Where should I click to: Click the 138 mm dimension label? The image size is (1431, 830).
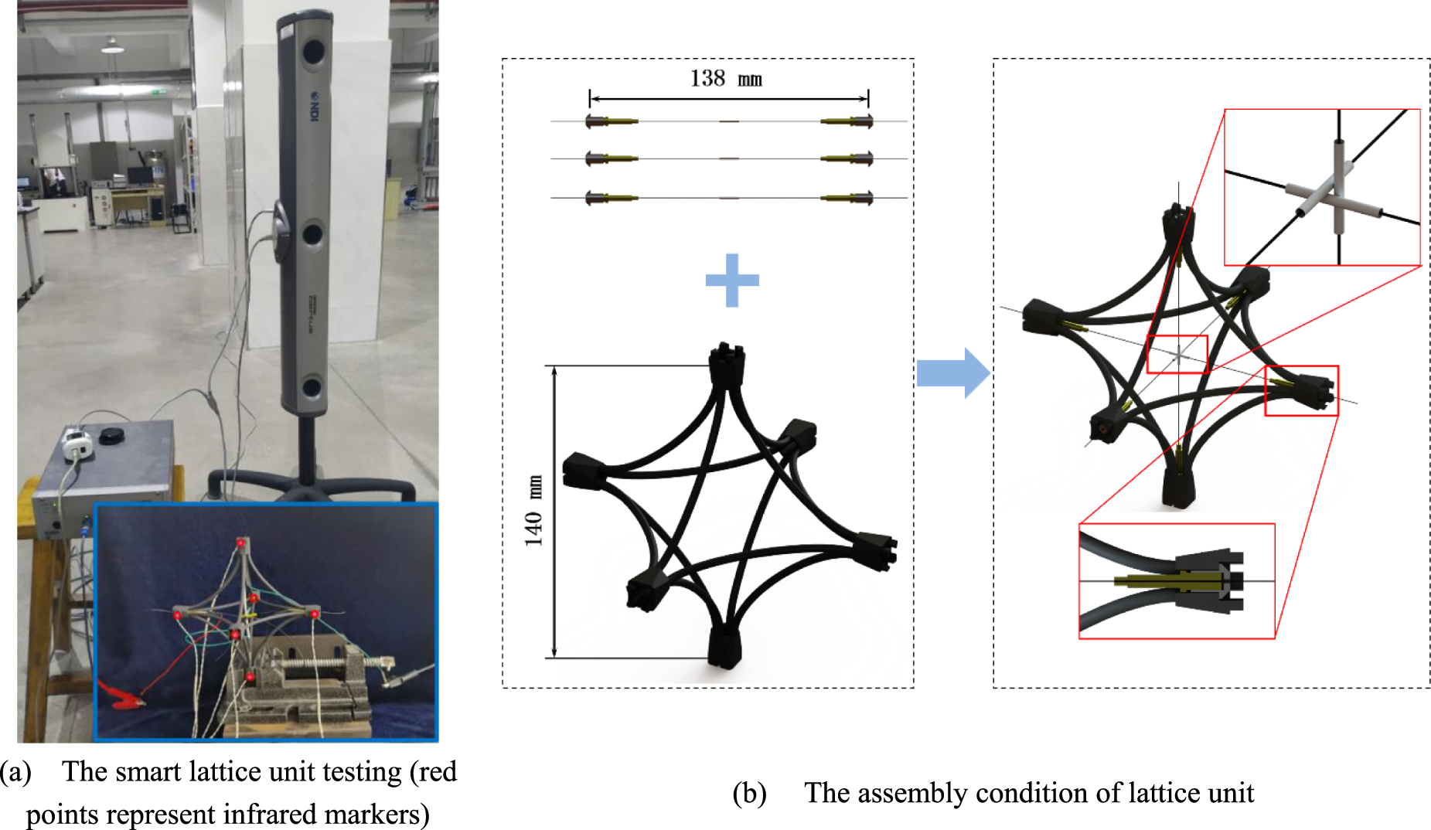pos(726,78)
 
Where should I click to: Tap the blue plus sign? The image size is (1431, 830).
pos(732,280)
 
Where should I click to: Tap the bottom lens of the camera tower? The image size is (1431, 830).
pos(312,386)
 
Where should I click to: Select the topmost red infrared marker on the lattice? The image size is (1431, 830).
pos(241,543)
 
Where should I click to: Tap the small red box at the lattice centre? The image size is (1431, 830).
pos(1177,355)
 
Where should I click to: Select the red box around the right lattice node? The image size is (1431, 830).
pos(1301,390)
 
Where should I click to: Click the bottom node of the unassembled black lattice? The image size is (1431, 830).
pos(724,647)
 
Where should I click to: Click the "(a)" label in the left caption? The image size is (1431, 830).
pos(15,771)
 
